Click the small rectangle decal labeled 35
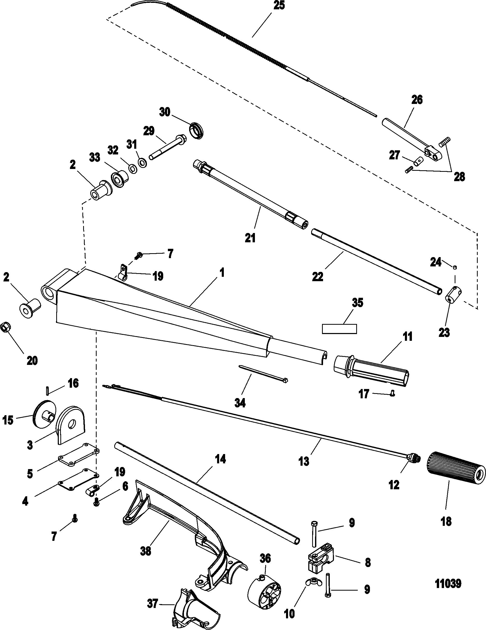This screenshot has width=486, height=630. coord(339,329)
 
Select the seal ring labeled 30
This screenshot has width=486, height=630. coord(197,131)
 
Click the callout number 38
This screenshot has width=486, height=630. coord(146,551)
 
